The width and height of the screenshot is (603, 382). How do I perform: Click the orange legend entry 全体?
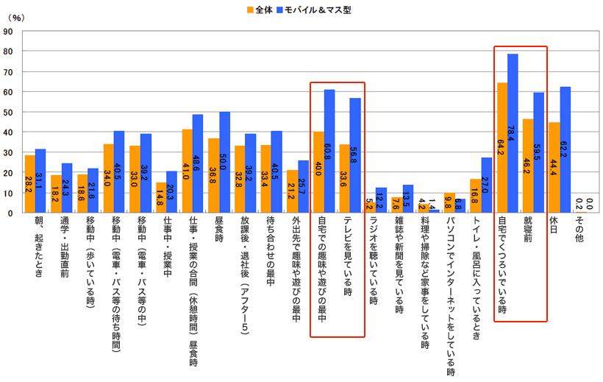click(x=260, y=10)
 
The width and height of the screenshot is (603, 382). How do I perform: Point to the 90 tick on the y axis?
click(x=8, y=32)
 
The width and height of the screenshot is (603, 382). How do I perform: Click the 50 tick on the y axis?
click(x=8, y=113)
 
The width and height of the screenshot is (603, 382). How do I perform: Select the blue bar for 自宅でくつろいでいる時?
click(x=513, y=133)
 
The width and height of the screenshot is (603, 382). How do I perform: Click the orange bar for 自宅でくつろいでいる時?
click(x=502, y=147)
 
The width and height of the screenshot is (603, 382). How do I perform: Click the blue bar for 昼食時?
click(x=225, y=162)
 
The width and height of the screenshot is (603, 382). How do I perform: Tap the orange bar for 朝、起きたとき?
click(x=29, y=184)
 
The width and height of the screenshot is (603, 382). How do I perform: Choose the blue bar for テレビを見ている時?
click(x=355, y=155)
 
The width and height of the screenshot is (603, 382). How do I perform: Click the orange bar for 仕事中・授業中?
click(x=161, y=197)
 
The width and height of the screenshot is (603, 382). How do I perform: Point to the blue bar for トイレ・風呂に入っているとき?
click(x=487, y=185)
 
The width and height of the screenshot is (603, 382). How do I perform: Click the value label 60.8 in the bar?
click(x=329, y=157)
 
